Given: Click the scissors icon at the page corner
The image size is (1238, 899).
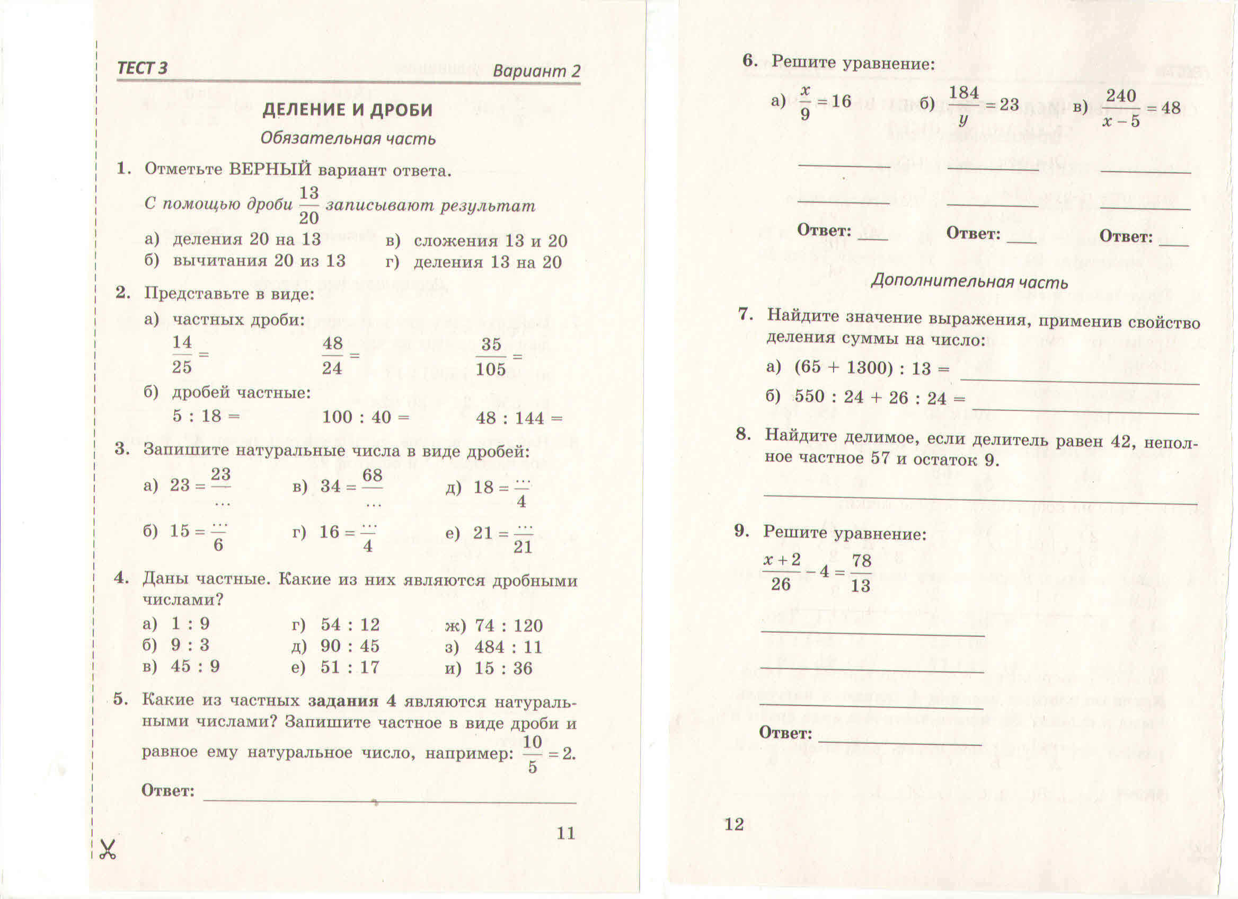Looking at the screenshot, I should [108, 850].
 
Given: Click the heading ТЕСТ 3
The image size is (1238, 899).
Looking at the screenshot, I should [143, 68].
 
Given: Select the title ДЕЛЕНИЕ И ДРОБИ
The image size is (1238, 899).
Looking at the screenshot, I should [348, 110].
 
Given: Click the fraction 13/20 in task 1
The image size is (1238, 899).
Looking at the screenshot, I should [308, 205].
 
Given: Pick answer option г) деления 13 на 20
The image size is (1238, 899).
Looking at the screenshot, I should [474, 262].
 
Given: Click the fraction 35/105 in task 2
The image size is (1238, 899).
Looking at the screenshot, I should [491, 357].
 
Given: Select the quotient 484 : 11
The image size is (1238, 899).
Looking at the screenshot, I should [508, 647].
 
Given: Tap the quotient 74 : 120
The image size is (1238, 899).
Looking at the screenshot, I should [509, 626].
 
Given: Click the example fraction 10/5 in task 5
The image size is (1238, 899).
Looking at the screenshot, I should [532, 755].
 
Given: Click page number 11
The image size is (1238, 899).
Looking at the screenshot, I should [565, 833].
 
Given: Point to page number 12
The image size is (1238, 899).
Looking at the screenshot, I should [733, 824].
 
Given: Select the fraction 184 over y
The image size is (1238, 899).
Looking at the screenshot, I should [963, 105].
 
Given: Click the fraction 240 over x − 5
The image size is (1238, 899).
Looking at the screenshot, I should [1121, 108].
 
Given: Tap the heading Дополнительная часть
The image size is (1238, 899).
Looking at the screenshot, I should [969, 282].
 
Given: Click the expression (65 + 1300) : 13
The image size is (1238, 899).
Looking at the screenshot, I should [862, 368].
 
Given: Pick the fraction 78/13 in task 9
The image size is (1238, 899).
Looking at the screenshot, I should [861, 573].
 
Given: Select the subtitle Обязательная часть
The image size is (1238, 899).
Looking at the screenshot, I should [348, 139].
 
